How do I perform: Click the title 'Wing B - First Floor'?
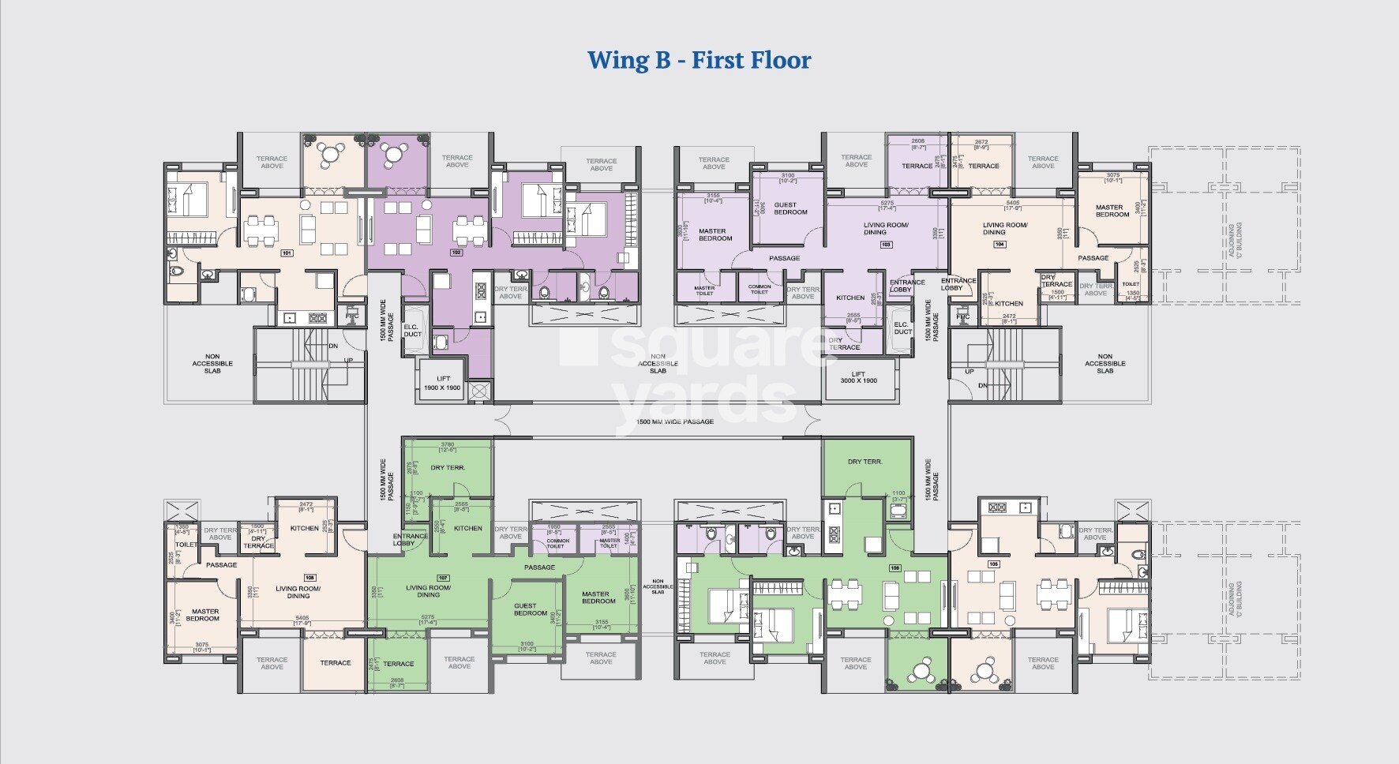point(699,60)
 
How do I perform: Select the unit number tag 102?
point(456,253)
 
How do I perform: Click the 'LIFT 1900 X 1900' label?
point(443,383)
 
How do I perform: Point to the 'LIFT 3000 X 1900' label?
point(858,377)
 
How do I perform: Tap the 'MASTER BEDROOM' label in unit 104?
point(1112,211)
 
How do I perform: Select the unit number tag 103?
point(886,245)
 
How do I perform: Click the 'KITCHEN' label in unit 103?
point(850,298)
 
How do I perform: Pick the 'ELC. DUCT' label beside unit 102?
point(412,330)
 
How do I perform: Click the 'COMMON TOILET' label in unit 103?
point(760,290)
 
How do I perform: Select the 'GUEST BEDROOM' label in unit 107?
point(530,609)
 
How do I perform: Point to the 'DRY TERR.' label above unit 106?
point(865,462)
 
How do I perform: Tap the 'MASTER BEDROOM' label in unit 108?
point(204,614)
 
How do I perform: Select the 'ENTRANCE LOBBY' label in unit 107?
point(410,539)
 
